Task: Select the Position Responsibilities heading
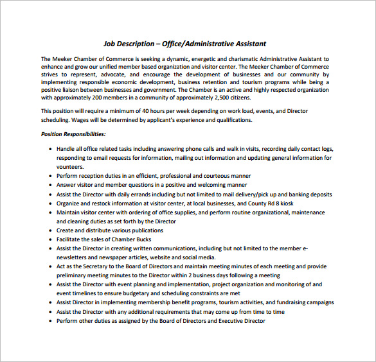coord(73,134)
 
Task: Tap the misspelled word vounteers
coord(70,166)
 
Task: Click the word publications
coord(143,230)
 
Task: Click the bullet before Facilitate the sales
coord(50,239)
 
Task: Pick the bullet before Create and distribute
coord(50,230)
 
